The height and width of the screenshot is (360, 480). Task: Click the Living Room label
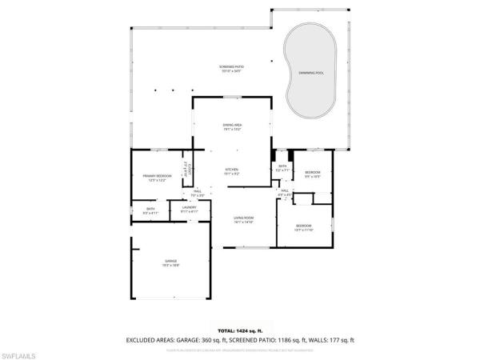pos(243,219)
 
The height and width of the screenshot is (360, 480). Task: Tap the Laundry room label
pos(190,210)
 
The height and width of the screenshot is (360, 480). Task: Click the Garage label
pos(171,265)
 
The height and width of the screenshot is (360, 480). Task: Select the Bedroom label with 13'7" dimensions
pos(304,228)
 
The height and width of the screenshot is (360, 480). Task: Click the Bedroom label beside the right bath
pos(312,174)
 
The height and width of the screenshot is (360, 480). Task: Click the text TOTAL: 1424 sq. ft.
pos(239,330)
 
